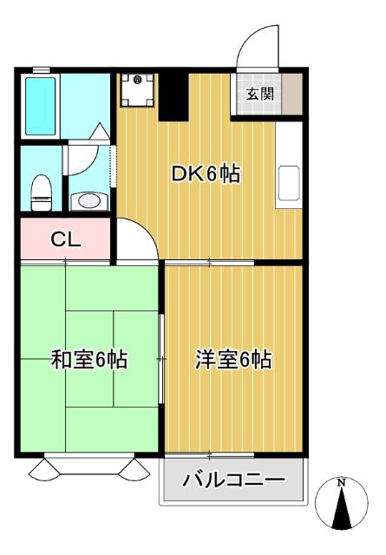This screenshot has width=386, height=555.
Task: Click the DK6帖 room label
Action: click(x=206, y=173)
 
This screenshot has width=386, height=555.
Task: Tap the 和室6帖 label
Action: click(x=89, y=359)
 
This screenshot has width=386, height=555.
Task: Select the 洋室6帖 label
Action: click(x=233, y=359)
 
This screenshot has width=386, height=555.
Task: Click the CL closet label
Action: click(x=66, y=239)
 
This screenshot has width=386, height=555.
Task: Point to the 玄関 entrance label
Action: click(x=260, y=94)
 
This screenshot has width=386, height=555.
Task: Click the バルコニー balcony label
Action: click(x=233, y=480)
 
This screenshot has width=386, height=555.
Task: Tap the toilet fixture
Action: click(x=42, y=193)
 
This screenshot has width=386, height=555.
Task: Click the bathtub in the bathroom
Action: click(x=41, y=107)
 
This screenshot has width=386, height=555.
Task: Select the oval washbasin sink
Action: click(x=89, y=201)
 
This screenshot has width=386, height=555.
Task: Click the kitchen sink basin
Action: click(x=290, y=183)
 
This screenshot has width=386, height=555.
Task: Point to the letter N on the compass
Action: click(x=342, y=482)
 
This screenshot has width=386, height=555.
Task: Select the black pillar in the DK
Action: click(x=173, y=96)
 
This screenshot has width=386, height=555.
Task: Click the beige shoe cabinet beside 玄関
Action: click(x=292, y=94)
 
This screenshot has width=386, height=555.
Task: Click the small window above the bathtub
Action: click(x=42, y=69)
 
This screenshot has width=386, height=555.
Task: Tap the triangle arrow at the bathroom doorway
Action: click(x=100, y=131)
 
